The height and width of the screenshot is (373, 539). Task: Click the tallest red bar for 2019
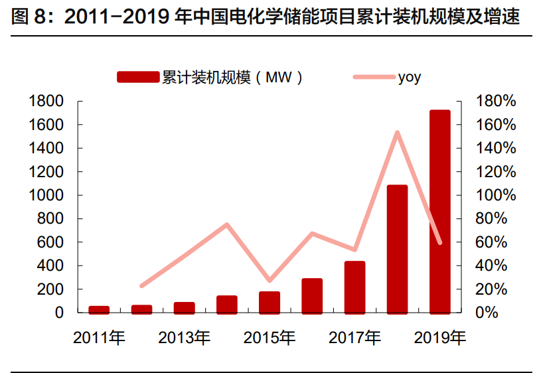[439, 211]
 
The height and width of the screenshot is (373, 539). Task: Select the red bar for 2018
[397, 249]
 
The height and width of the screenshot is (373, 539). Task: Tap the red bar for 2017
[354, 287]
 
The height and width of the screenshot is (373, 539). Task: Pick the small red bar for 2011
[99, 309]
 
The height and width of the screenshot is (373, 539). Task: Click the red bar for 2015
[269, 302]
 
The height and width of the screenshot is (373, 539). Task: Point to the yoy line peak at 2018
[397, 132]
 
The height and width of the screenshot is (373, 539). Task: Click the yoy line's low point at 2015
[269, 281]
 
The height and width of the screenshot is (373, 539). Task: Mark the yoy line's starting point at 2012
[141, 286]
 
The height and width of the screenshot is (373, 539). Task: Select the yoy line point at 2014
[227, 224]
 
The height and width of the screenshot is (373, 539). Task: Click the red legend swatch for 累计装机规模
[139, 78]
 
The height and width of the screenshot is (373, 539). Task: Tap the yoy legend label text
[409, 78]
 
